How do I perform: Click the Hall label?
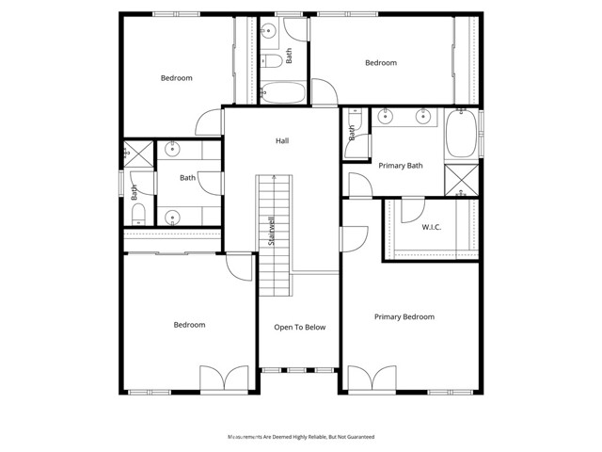click(282, 141)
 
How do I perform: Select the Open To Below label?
click(299, 328)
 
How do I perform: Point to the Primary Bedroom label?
click(404, 317)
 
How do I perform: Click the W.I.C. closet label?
click(432, 227)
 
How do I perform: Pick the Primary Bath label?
click(401, 166)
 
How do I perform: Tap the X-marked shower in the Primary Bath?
click(461, 179)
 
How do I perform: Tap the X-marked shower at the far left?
click(137, 152)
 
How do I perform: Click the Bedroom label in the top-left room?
click(176, 78)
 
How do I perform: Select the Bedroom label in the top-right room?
click(381, 63)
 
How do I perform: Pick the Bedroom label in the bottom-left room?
click(189, 325)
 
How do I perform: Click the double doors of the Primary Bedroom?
click(373, 379)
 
